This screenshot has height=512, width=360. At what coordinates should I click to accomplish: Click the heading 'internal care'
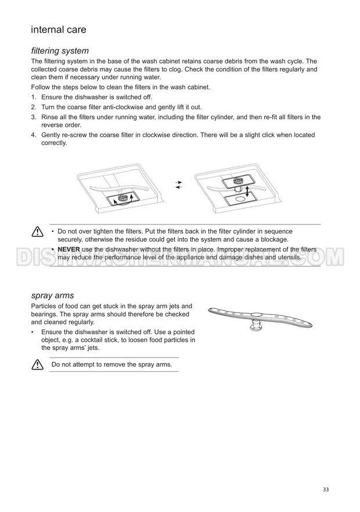click(59, 30)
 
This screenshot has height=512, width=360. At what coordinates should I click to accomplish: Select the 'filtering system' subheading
click(60, 51)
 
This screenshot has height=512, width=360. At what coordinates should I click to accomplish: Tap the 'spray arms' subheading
click(52, 295)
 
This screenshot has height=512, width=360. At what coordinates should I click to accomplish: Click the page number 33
click(326, 489)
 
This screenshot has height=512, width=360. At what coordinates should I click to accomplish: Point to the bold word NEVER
click(69, 249)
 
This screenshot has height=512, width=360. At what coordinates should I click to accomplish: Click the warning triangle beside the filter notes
click(38, 231)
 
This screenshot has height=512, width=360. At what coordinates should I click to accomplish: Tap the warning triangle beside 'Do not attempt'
click(38, 364)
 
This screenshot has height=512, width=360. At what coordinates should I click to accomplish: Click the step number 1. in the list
click(34, 97)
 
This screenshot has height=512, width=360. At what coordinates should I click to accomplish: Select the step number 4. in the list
click(34, 135)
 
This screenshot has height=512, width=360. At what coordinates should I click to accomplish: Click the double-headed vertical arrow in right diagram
click(247, 191)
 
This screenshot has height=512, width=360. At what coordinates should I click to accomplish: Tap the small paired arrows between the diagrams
click(178, 184)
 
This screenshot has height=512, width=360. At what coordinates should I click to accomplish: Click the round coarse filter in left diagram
click(123, 198)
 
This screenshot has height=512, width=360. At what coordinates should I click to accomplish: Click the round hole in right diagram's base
click(241, 199)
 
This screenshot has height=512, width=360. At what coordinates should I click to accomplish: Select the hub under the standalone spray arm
click(255, 324)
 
